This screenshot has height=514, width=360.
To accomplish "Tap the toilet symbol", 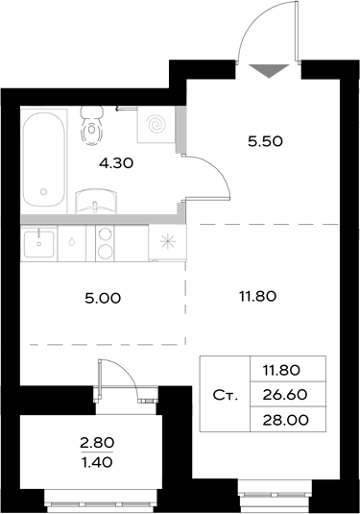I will (93, 122).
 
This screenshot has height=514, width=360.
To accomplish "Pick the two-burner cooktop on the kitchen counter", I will (103, 241).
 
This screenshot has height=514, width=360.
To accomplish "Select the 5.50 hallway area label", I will (265, 139).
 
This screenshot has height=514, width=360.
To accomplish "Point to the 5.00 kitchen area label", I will (103, 298).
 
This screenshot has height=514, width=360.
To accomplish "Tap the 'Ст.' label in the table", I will (225, 394).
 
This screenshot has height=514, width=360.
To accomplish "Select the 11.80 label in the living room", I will (256, 296).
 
